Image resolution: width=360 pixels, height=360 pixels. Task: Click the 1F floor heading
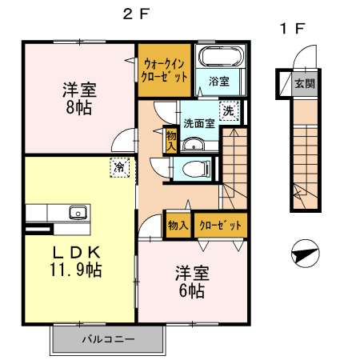point(291,29)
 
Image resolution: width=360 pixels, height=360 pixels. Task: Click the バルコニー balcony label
point(107,339)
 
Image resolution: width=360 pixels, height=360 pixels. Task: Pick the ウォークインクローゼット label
point(164,71)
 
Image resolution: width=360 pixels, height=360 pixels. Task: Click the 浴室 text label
point(219,81)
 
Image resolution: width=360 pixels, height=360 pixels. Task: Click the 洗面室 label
point(198,123)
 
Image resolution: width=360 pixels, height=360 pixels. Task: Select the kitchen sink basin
point(78,213)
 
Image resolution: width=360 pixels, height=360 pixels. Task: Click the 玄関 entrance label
point(303,82)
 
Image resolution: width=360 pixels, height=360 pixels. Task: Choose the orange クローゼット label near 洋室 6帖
point(218,226)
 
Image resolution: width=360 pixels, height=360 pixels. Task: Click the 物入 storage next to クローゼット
point(177,226)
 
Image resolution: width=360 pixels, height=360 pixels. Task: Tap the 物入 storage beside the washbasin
point(171,141)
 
